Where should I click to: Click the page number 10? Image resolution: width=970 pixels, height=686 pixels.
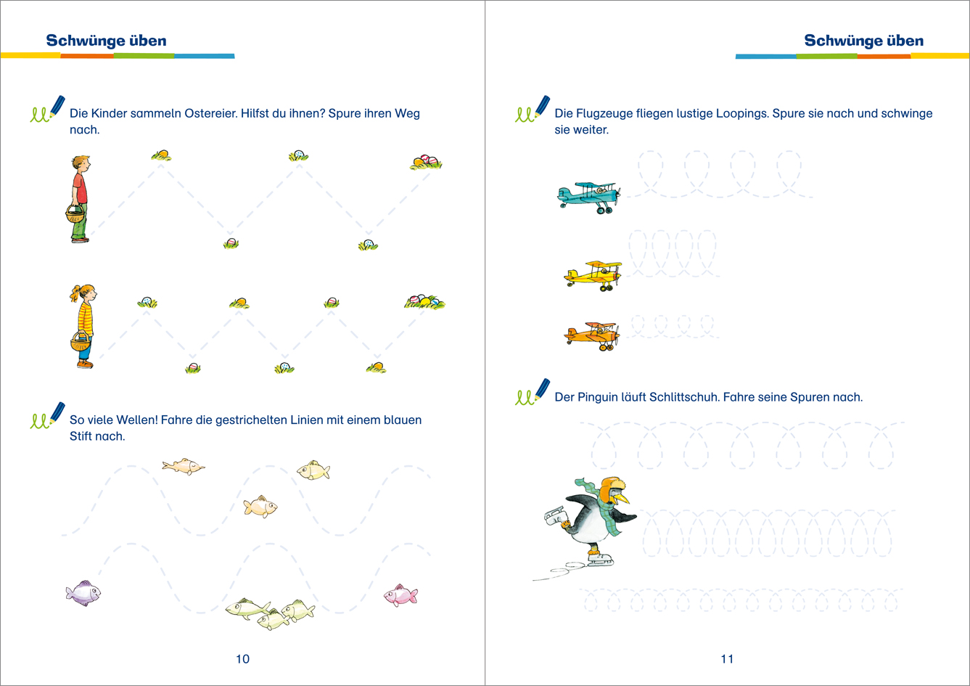point(242,658)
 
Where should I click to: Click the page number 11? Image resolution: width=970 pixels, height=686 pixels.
point(727,658)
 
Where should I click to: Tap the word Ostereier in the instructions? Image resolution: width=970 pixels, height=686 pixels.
point(211,113)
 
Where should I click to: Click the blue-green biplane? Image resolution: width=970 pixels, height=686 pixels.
point(589,197)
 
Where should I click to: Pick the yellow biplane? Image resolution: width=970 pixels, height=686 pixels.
point(593,276)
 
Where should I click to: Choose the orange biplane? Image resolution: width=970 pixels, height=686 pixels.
point(591,336)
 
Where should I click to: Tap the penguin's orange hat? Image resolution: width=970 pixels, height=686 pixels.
point(611,486)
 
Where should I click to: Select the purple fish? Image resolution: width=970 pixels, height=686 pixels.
point(83,593)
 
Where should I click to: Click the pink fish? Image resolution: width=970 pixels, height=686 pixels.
point(400,595)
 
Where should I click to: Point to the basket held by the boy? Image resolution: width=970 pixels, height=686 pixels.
point(75,213)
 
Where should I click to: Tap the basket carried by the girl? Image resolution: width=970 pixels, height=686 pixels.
point(81,342)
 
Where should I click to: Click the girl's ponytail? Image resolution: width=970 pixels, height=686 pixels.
point(75,293)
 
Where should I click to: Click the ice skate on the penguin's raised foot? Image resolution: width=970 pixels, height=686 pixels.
point(555,515)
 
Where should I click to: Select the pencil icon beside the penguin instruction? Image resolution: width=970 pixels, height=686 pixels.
point(542,389)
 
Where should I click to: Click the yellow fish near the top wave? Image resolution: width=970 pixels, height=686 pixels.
point(313,470)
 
